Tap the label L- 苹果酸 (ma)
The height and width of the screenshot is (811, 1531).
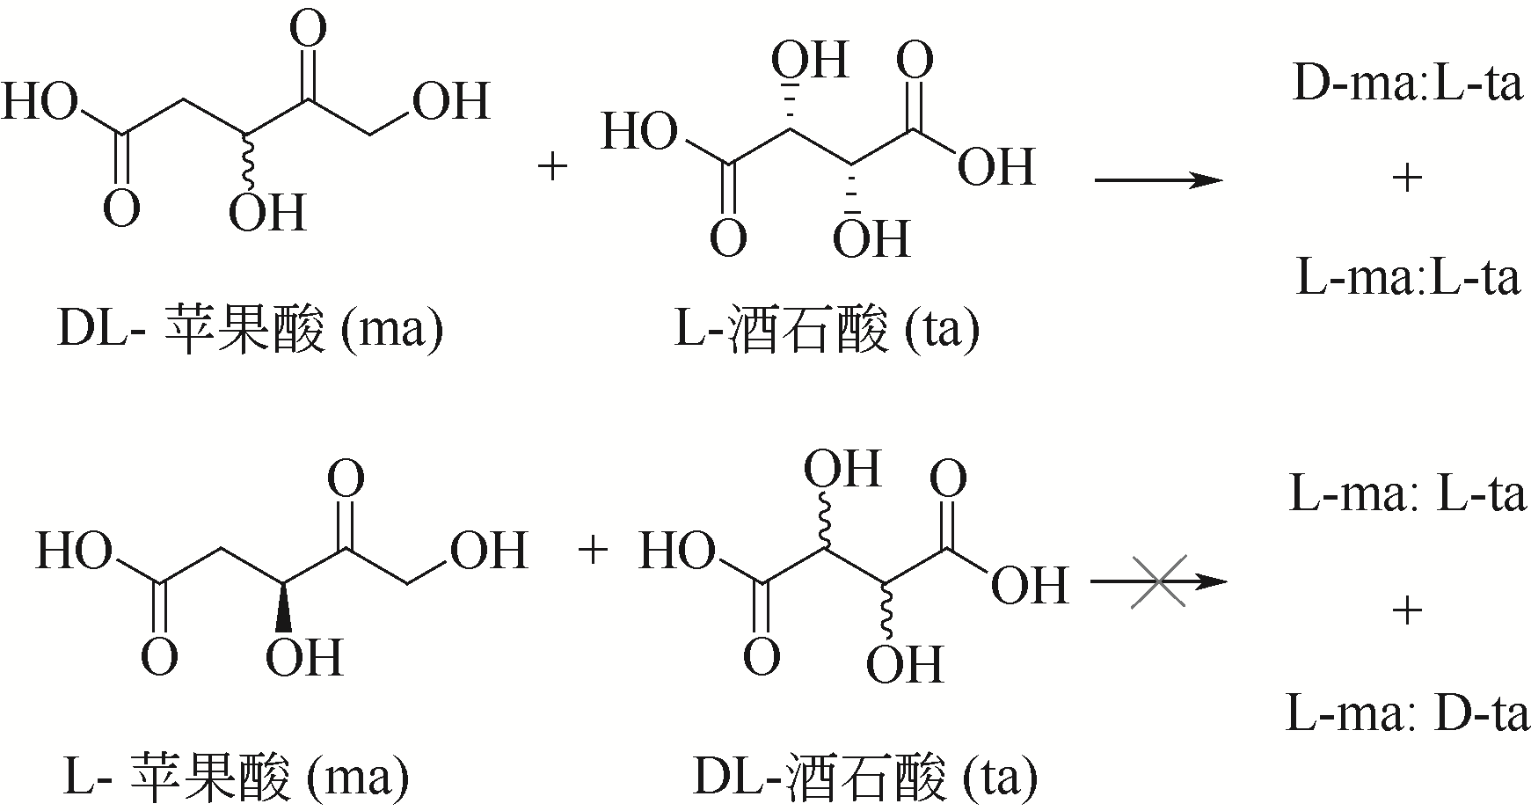237,778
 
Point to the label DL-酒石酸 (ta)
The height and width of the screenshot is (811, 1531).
865,778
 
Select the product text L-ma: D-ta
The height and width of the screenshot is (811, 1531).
1407,714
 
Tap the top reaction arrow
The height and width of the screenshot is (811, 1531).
1158,181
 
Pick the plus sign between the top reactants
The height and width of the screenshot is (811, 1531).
553,166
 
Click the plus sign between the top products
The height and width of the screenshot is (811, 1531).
1407,179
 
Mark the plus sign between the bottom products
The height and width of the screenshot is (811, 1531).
1407,610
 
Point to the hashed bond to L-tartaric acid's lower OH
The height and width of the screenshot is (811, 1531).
851,190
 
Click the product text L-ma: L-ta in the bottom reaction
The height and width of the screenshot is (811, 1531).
1407,495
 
